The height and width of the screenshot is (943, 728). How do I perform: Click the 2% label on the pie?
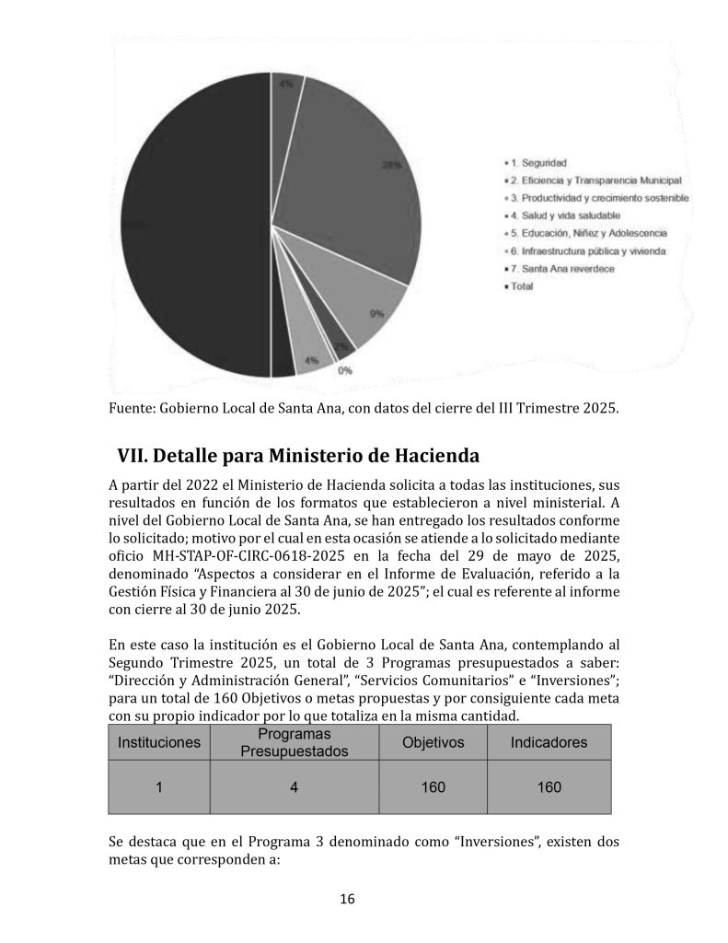(x=341, y=347)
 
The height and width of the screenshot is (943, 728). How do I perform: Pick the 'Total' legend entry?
(x=521, y=286)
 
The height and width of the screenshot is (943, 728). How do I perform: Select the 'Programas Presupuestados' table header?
(x=295, y=742)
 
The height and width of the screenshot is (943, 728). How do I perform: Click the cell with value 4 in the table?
(x=295, y=787)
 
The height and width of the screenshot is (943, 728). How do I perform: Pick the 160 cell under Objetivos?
(x=433, y=787)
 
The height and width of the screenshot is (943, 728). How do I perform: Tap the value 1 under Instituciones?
(x=158, y=787)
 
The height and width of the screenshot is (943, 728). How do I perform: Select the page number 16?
(x=347, y=900)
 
